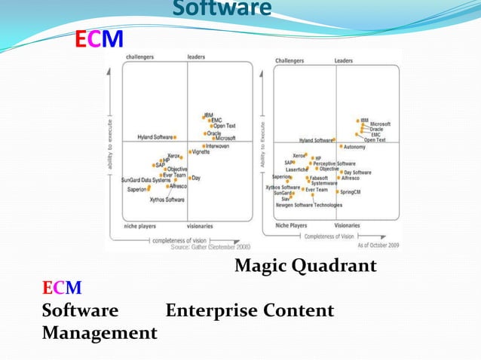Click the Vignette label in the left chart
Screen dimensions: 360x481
pyautogui.click(x=201, y=151)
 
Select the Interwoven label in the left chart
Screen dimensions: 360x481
pyautogui.click(x=218, y=146)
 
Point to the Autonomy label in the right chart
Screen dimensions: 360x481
pyautogui.click(x=355, y=147)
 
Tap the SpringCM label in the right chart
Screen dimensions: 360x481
pyautogui.click(x=351, y=192)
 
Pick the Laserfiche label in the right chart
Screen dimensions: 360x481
pyautogui.click(x=296, y=169)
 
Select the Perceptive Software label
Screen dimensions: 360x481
pyautogui.click(x=335, y=163)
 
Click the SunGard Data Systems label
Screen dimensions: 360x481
pyautogui.click(x=146, y=181)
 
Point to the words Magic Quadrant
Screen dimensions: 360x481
pyautogui.click(x=305, y=266)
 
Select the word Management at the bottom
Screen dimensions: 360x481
pyautogui.click(x=100, y=332)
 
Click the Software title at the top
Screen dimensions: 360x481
pyautogui.click(x=222, y=9)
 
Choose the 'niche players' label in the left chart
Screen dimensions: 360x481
pyautogui.click(x=141, y=225)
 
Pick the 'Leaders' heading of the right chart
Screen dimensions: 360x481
pyautogui.click(x=344, y=61)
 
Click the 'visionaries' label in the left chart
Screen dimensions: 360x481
pyautogui.click(x=201, y=225)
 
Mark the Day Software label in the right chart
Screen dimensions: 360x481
pyautogui.click(x=357, y=172)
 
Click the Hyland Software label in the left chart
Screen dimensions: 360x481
pyautogui.click(x=155, y=137)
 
